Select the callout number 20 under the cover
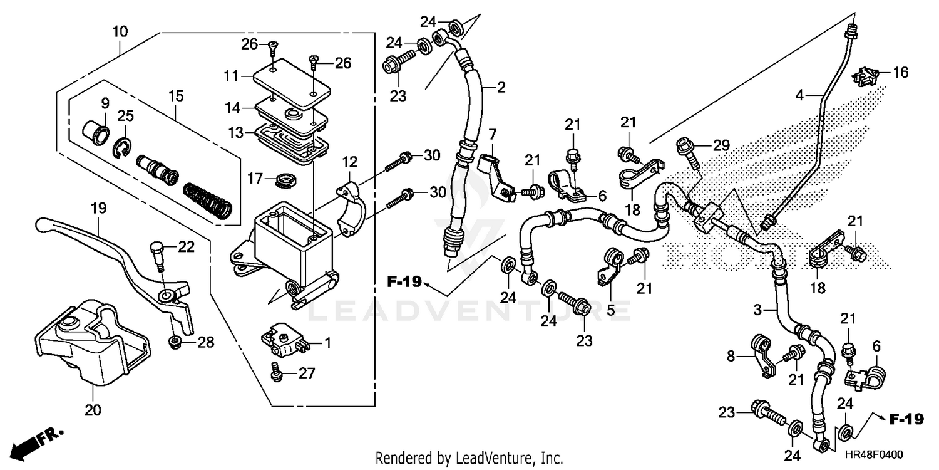coord(92,410)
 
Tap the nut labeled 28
coord(175,342)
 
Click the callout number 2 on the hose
coord(501,88)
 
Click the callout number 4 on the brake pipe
coord(799,96)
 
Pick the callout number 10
coord(120,31)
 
